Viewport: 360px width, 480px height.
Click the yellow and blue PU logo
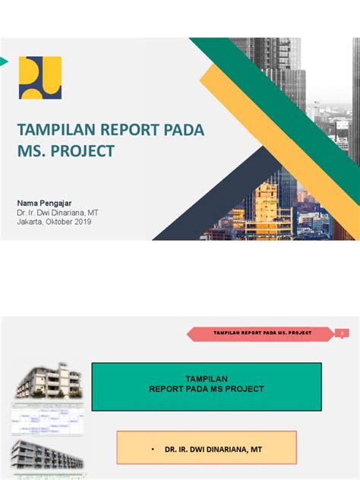40,77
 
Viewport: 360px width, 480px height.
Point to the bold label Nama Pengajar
46,203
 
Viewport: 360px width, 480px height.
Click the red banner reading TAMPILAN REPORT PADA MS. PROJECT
261,333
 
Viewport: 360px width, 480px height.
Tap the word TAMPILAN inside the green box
207,377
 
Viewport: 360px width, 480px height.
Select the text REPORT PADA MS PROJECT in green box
207,388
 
